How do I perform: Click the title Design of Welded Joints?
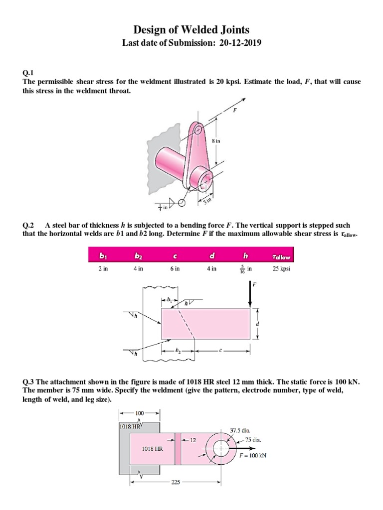point(191,30)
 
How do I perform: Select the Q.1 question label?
point(29,72)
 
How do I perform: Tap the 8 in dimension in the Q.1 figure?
point(215,141)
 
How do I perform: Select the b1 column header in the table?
point(103,256)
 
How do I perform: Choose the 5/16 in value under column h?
point(245,269)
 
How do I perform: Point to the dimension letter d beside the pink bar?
point(257,323)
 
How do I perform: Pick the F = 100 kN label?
point(248,455)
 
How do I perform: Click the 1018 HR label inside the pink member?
point(152,448)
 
